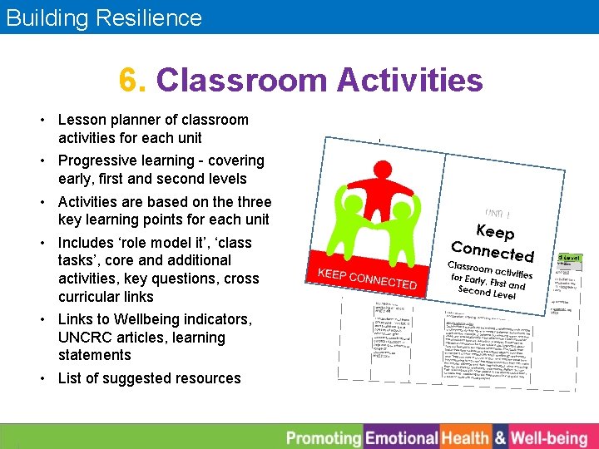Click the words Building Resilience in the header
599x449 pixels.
pyautogui.click(x=104, y=17)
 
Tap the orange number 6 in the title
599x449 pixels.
pyautogui.click(x=129, y=81)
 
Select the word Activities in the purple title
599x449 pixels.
pyautogui.click(x=409, y=81)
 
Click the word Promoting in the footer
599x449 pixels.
pyautogui.click(x=324, y=437)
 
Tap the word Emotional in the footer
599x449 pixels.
pyautogui.click(x=401, y=437)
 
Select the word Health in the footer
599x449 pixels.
pyautogui.click(x=465, y=437)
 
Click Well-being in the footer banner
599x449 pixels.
pyautogui.click(x=549, y=437)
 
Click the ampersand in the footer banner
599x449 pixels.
pyautogui.click(x=500, y=437)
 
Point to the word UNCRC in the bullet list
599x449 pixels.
pyautogui.click(x=84, y=338)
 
